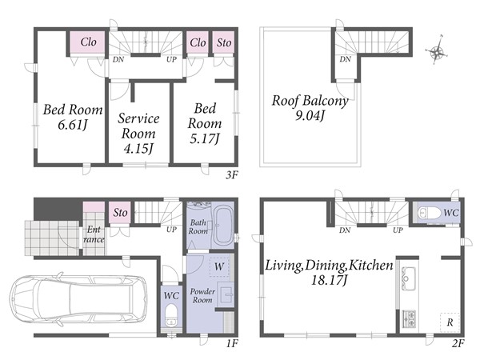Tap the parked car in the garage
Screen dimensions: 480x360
tap(78, 298)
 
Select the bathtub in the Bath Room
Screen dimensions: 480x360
tap(223, 225)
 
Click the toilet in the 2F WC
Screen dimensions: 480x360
tap(426, 212)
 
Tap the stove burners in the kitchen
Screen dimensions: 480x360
tap(409, 318)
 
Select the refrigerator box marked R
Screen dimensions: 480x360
tap(450, 322)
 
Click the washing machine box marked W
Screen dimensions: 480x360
tap(219, 266)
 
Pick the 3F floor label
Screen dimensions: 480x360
tap(231, 175)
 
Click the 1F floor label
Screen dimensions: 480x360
tap(232, 344)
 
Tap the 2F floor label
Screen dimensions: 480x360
tap(458, 344)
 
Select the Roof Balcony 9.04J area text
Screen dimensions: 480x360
tap(310, 108)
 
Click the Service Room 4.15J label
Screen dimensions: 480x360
tap(138, 134)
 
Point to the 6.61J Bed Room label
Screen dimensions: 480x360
tap(73, 117)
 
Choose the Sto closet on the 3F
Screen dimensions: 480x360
tap(223, 42)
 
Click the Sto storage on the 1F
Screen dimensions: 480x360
tap(120, 213)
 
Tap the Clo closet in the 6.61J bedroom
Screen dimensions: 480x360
tap(88, 42)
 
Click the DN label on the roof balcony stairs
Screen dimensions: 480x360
tap(345, 59)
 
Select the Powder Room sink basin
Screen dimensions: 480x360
tap(226, 294)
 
